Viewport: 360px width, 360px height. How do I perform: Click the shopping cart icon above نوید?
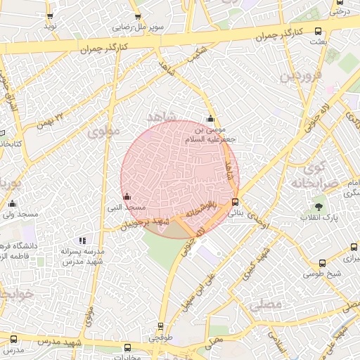49,15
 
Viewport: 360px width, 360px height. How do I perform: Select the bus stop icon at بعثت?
319,32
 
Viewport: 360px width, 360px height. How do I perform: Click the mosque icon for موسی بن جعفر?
210,119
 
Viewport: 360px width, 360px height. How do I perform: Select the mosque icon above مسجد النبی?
127,197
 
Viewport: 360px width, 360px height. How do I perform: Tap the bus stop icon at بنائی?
235,202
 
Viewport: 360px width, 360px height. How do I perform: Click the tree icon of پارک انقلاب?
319,207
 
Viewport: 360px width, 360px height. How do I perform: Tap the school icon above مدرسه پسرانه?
84,240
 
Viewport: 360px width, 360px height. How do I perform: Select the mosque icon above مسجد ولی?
12,204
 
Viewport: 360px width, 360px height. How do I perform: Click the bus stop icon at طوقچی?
161,327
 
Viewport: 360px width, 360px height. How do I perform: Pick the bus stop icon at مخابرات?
127,347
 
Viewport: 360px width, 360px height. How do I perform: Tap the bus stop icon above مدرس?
13,340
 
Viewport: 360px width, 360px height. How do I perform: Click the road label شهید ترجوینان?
145,224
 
